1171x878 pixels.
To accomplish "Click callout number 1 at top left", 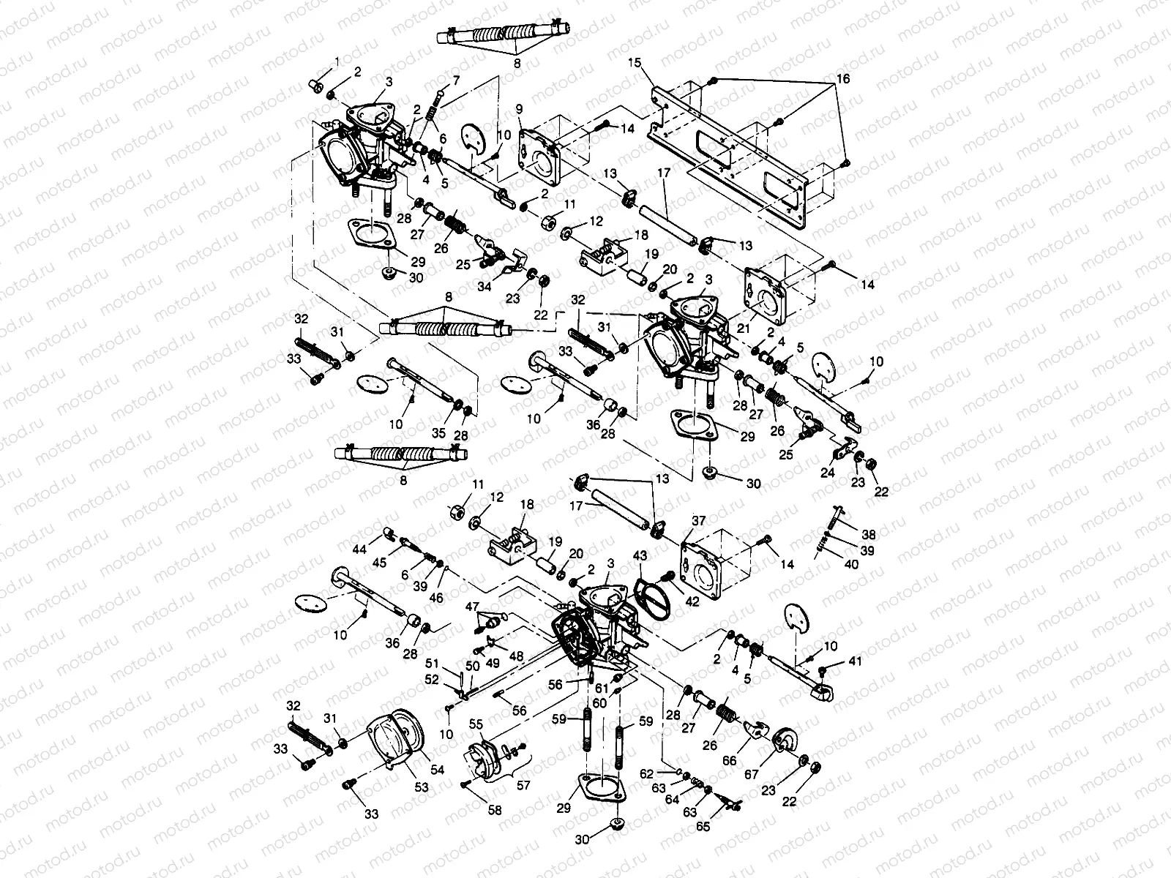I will point(337,59).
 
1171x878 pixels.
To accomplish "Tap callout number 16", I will point(844,79).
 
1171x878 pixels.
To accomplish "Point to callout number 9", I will point(519,109).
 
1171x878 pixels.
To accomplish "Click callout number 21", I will point(744,330).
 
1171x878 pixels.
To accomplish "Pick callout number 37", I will point(700,520).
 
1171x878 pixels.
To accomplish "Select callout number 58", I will point(495,811).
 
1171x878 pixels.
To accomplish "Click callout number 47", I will point(472,607).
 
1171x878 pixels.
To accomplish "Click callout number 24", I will point(828,473).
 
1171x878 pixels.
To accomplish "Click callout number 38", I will point(869,535).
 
